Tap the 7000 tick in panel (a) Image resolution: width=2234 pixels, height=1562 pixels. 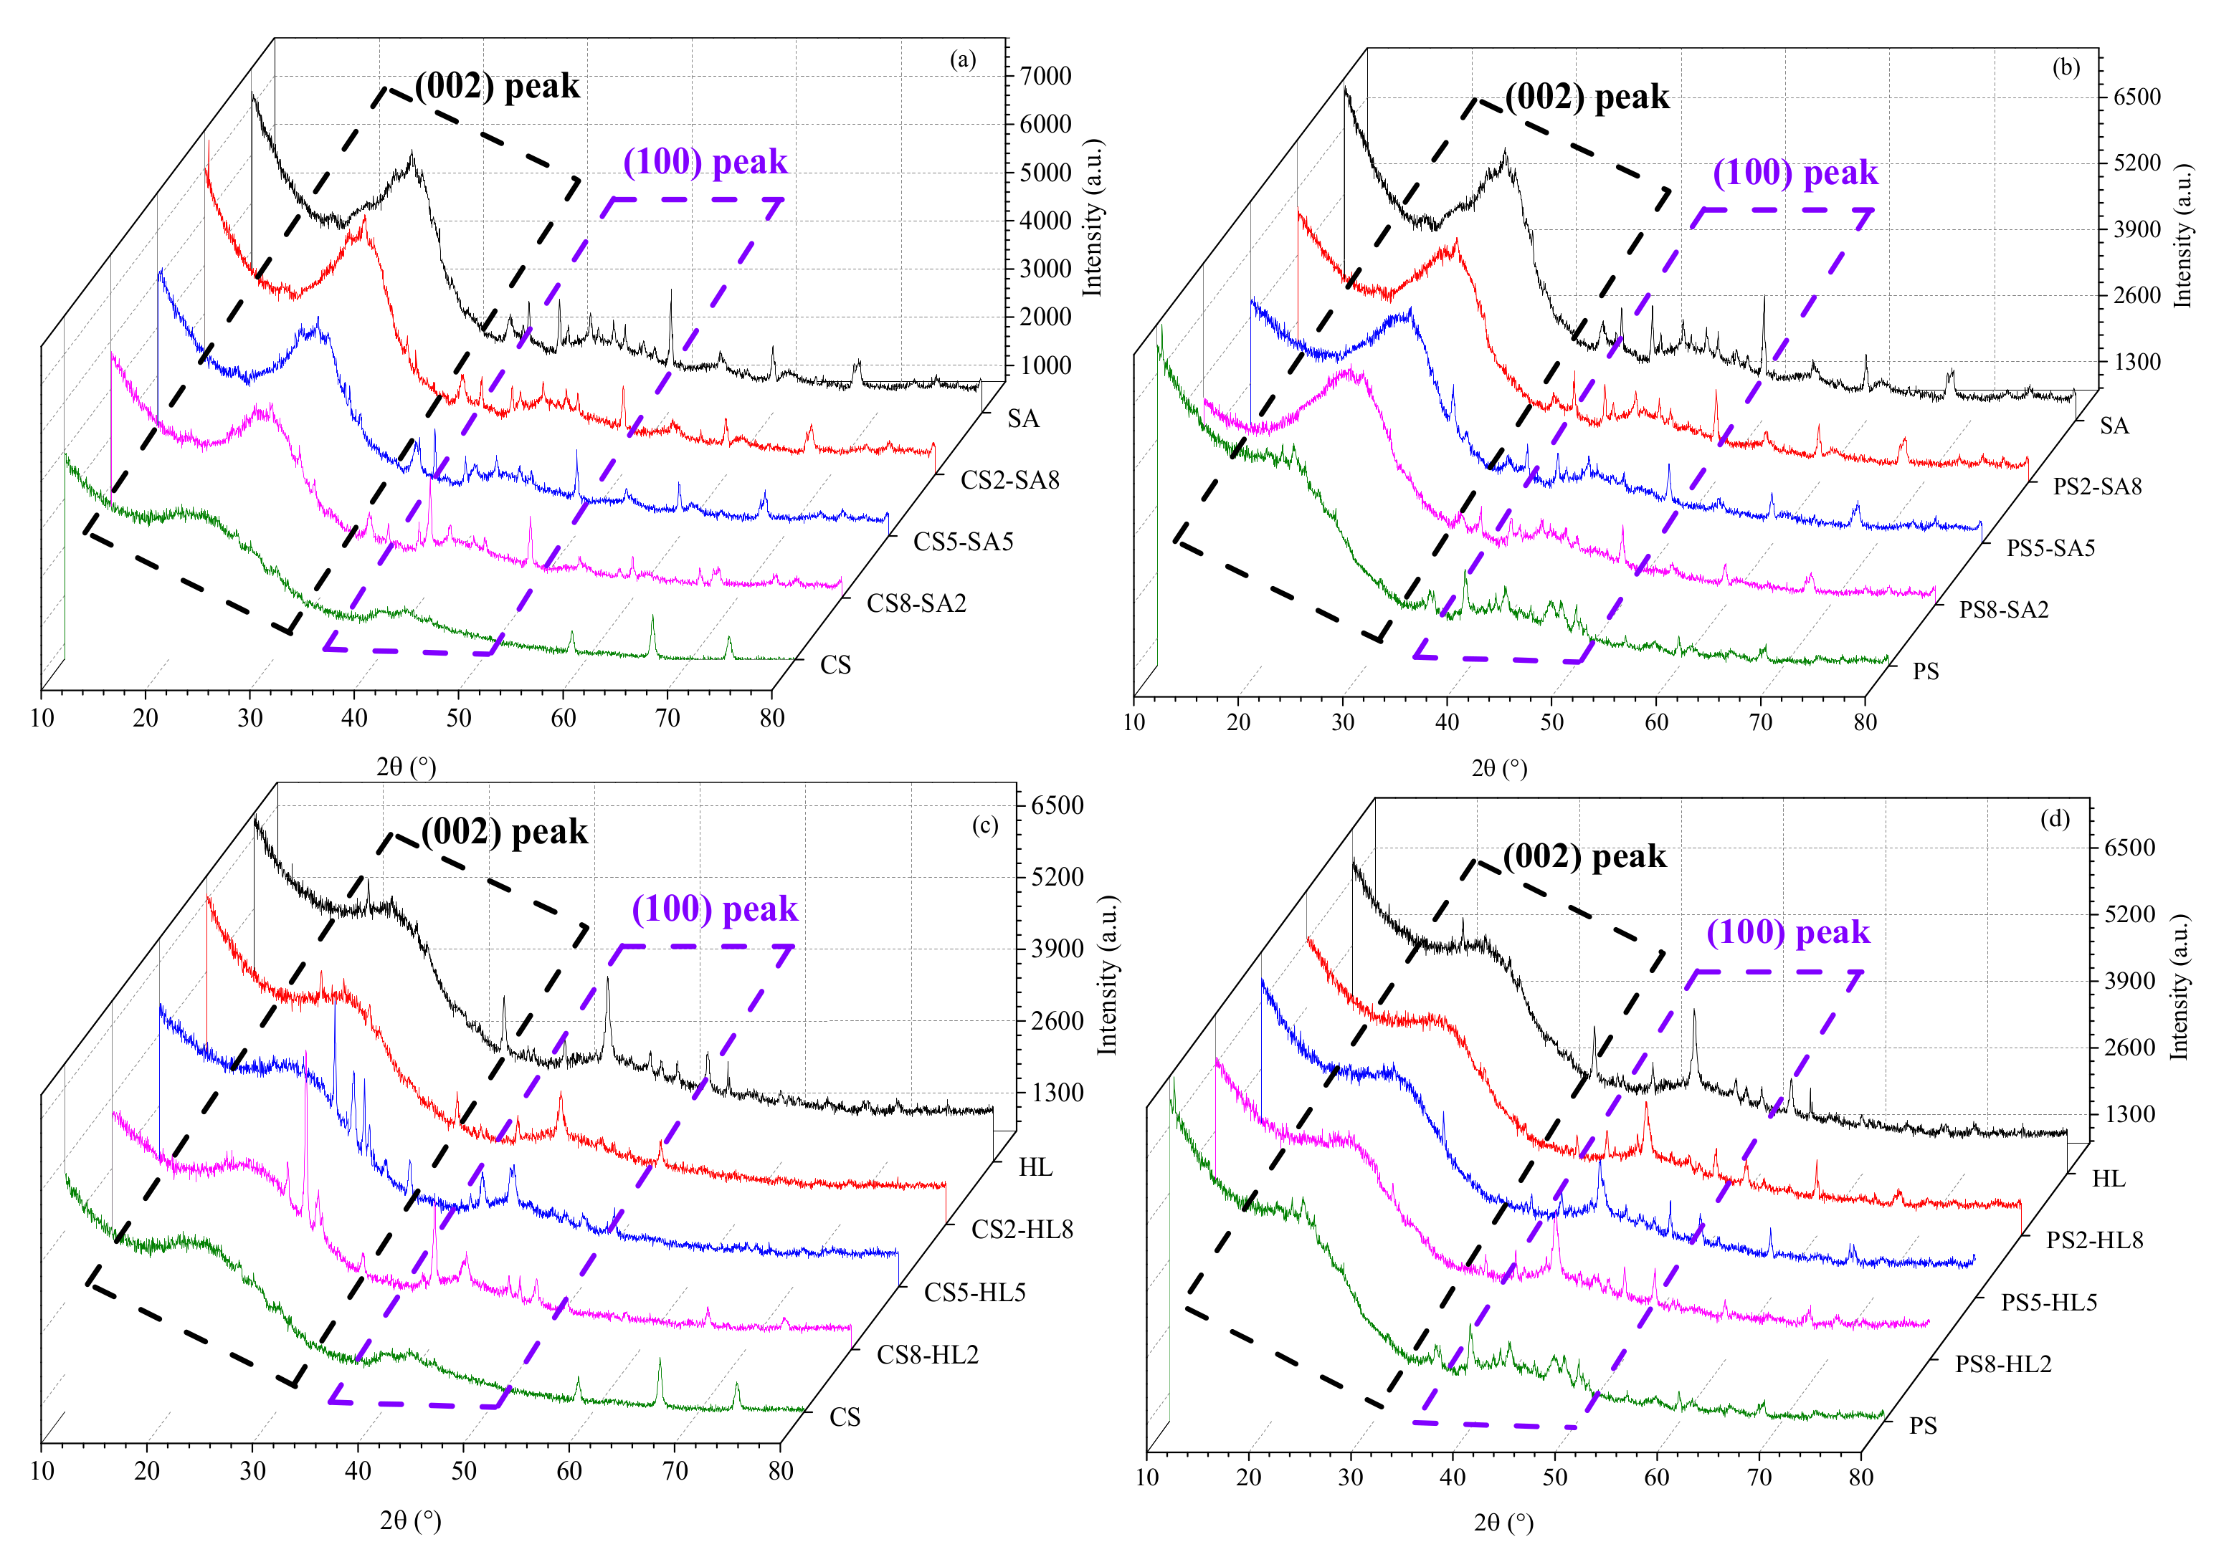click(x=1045, y=76)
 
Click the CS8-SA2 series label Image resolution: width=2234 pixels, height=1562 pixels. click(x=916, y=604)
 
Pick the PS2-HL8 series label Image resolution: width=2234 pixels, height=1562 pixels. click(x=2094, y=1240)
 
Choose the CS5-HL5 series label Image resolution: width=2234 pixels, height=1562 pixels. click(x=974, y=1293)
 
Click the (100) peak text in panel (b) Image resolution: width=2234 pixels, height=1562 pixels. click(x=1795, y=173)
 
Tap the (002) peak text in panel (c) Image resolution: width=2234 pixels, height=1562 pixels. click(x=504, y=833)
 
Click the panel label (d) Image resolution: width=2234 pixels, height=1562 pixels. click(x=2054, y=819)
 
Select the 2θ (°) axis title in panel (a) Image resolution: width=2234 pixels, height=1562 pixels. click(x=407, y=767)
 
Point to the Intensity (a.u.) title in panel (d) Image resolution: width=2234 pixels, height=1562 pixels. click(x=2179, y=987)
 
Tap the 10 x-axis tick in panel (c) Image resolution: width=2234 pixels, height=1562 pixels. click(x=42, y=1470)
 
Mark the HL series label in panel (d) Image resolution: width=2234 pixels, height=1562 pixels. click(x=2108, y=1179)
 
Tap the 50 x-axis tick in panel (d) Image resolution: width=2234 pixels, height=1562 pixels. click(x=1554, y=1477)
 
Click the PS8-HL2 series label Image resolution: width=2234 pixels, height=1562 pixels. click(x=2002, y=1364)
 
